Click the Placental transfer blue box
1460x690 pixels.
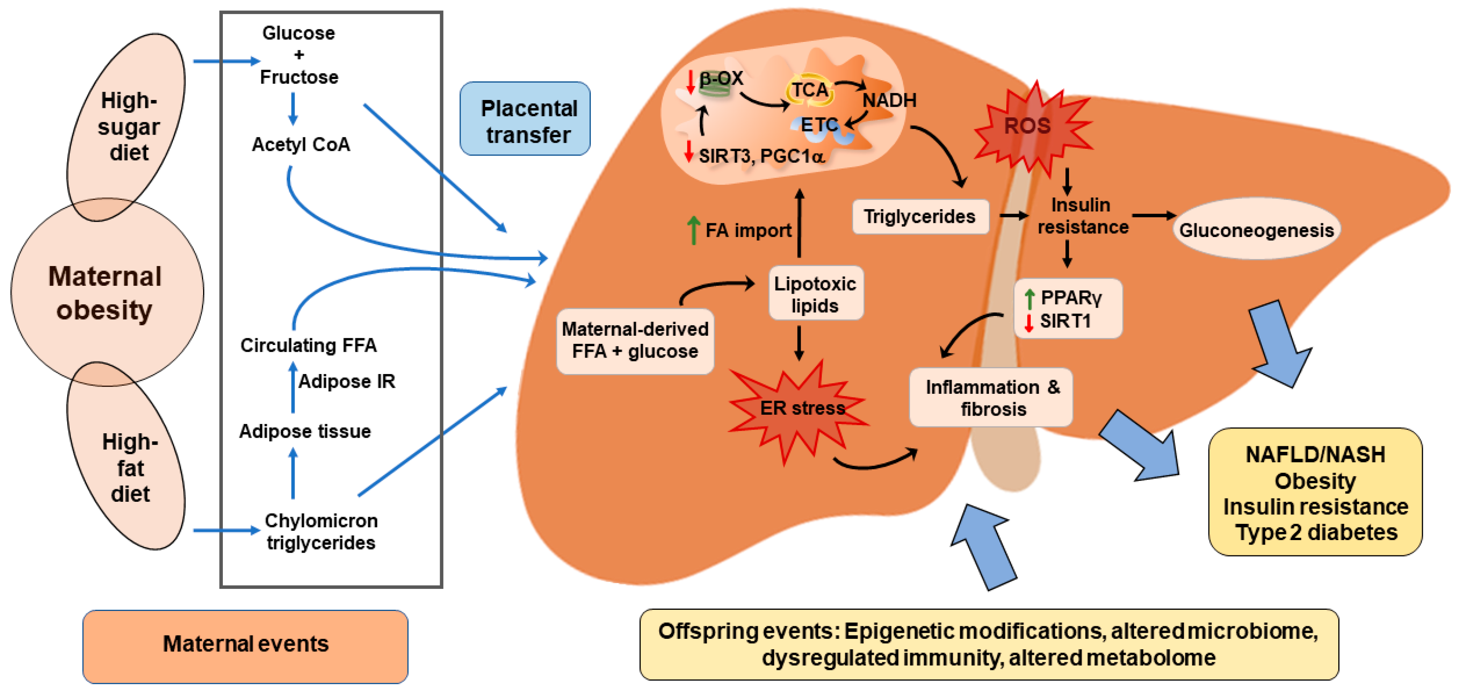(525, 118)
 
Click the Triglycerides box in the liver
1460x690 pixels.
(920, 216)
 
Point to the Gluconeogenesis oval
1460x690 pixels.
(1256, 229)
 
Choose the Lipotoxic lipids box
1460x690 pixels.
(816, 294)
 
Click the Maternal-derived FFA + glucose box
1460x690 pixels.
(635, 340)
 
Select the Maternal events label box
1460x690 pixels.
(245, 645)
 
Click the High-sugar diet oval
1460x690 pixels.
(127, 127)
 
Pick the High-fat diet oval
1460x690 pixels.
(127, 455)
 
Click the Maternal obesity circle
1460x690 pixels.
(107, 292)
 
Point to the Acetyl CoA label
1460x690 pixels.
(301, 145)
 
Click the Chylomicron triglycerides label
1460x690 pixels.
(321, 531)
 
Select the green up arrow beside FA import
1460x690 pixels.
(693, 230)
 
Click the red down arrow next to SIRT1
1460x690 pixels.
(1029, 322)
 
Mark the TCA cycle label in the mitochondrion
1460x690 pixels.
(809, 90)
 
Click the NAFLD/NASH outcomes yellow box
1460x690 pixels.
(1315, 492)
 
